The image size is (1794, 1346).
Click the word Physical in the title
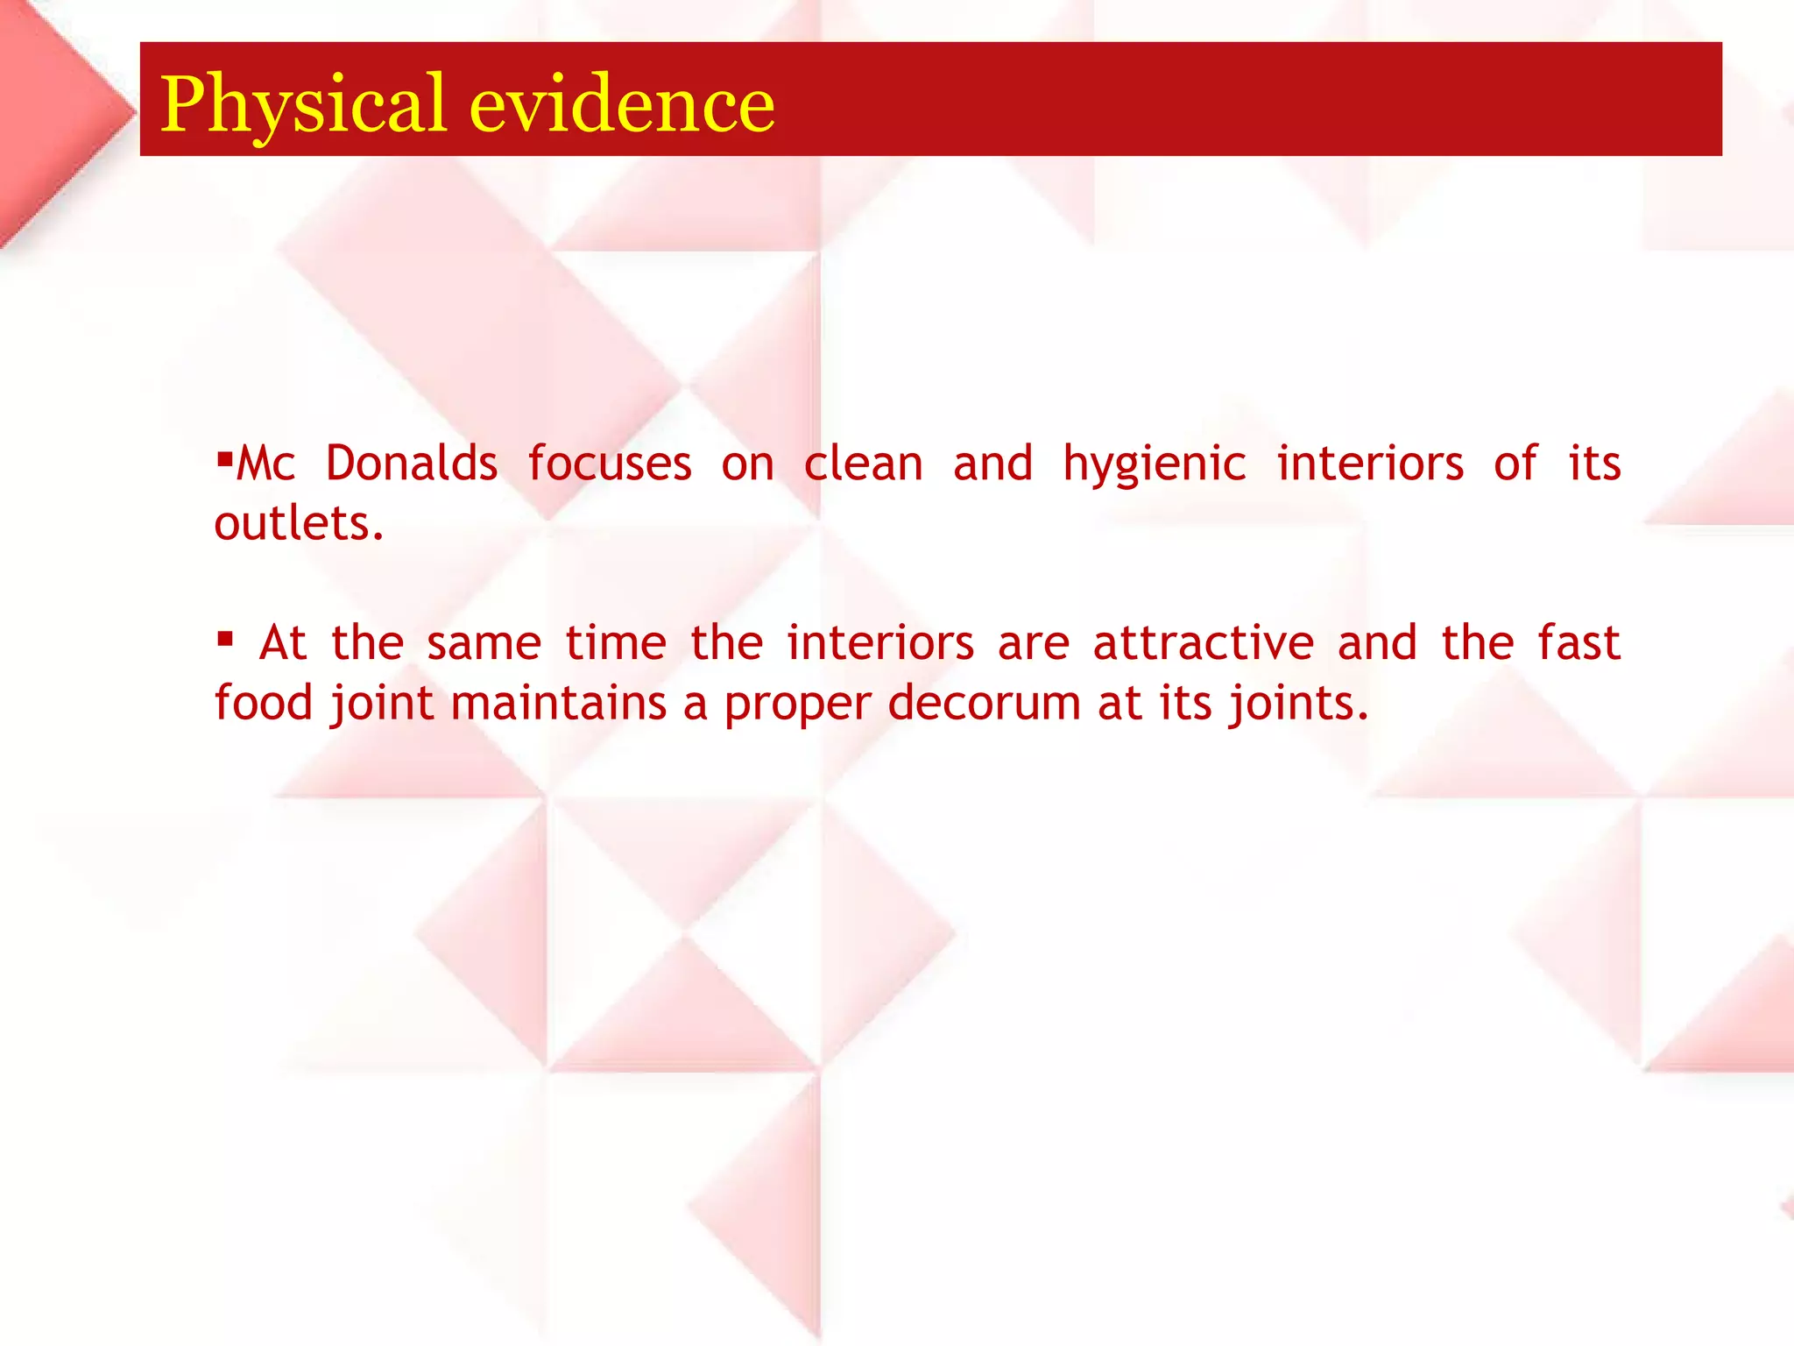(x=303, y=105)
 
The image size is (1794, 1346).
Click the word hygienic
(x=1154, y=464)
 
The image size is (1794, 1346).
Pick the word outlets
(x=299, y=523)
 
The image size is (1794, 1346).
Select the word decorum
(x=984, y=703)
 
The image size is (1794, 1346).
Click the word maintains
(x=559, y=703)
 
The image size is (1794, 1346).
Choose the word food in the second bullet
(x=264, y=703)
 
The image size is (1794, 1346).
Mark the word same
(x=484, y=644)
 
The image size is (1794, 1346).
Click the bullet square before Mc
(x=224, y=456)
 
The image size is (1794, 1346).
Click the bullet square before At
(x=225, y=638)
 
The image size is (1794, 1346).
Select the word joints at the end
(x=1297, y=705)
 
